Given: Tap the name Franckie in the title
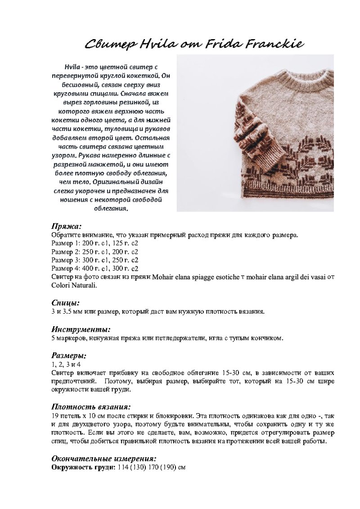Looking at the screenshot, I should [274, 44].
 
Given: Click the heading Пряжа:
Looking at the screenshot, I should [66, 226].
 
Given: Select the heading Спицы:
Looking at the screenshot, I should [65, 303].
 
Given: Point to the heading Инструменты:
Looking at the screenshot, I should [81, 329].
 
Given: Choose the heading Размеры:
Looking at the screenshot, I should [69, 356].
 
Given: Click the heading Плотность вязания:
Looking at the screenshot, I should [91, 407].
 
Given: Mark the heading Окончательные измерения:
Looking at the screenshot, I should [104, 459].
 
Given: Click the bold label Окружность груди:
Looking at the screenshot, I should [84, 468].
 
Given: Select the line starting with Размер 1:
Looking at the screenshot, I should [94, 243].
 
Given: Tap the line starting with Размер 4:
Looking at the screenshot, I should [94, 269].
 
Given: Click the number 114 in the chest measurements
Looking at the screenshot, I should [123, 468].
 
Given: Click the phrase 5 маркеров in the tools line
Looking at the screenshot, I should [70, 338].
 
